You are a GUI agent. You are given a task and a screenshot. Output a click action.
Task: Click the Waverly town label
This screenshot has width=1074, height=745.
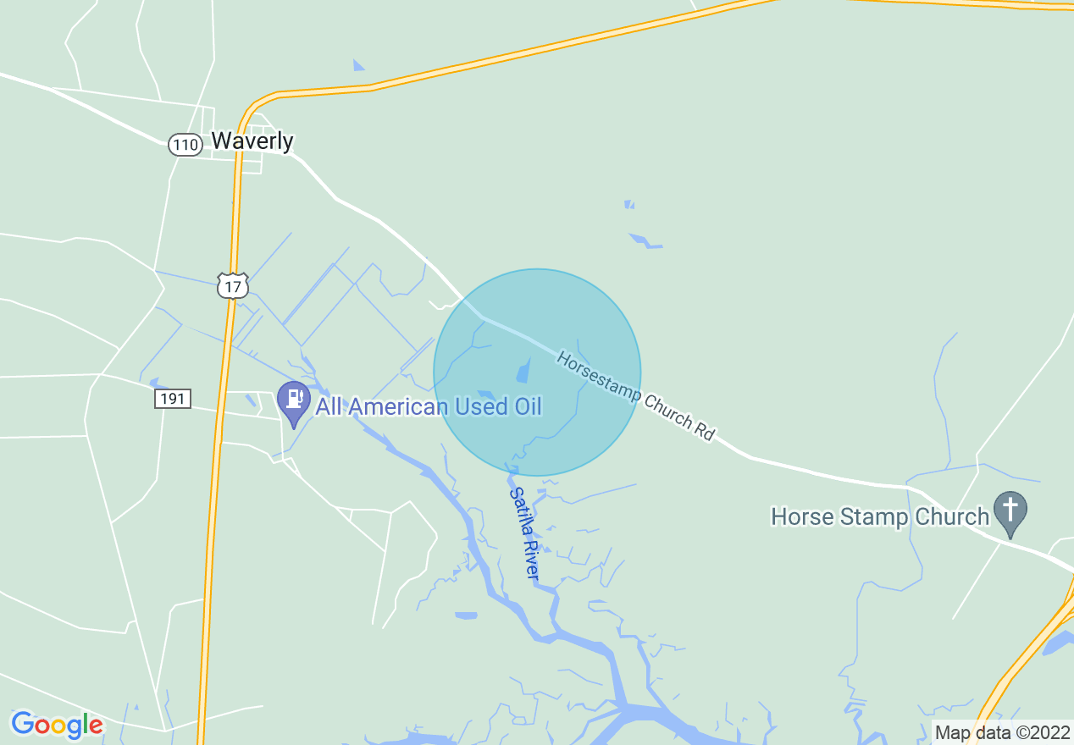pyautogui.click(x=252, y=141)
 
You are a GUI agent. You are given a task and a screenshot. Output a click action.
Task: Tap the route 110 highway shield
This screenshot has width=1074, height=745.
pyautogui.click(x=185, y=145)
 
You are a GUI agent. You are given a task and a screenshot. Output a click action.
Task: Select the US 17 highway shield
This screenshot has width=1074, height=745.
pyautogui.click(x=232, y=286)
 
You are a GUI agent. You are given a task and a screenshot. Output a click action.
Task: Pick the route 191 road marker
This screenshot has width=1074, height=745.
pyautogui.click(x=173, y=399)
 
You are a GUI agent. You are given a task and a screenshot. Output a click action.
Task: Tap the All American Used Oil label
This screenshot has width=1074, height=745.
pyautogui.click(x=429, y=406)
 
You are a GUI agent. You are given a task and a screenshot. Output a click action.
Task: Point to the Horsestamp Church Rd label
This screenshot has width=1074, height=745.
pyautogui.click(x=636, y=396)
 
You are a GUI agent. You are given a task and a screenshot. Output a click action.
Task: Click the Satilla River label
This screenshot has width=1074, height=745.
pyautogui.click(x=524, y=533)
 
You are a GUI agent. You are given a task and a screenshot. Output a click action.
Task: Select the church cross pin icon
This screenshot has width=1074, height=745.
pyautogui.click(x=1010, y=511)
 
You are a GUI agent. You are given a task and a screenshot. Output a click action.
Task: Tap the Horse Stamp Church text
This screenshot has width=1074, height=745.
pyautogui.click(x=880, y=516)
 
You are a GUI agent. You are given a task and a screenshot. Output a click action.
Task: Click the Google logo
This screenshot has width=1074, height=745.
pyautogui.click(x=57, y=725)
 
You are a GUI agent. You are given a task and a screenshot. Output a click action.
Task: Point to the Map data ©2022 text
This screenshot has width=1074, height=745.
pyautogui.click(x=1002, y=732)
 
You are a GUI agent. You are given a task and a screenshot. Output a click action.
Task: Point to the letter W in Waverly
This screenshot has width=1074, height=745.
pyautogui.click(x=222, y=141)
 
